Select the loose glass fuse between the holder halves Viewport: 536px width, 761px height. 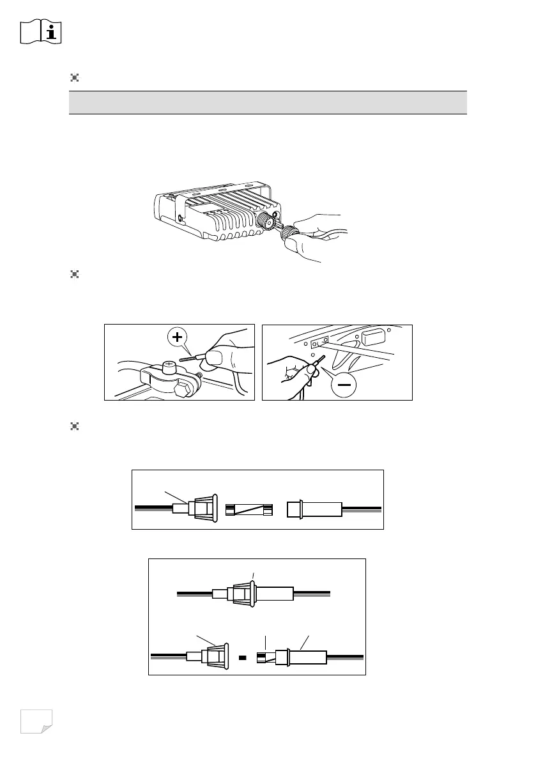(250, 510)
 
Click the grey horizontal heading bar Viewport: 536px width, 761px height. (268, 102)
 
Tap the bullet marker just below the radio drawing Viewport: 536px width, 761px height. (74, 275)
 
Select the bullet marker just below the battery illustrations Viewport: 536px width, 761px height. (74, 426)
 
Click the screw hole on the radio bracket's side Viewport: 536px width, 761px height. (182, 219)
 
